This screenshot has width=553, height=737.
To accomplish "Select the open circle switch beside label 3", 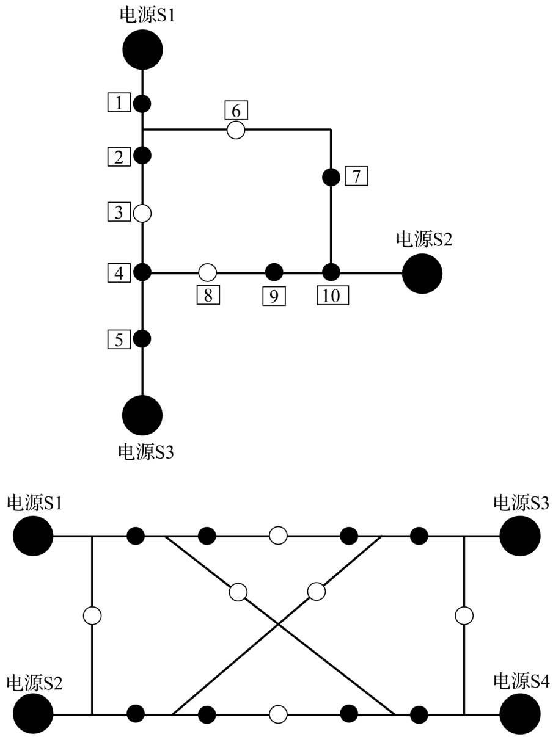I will tap(142, 213).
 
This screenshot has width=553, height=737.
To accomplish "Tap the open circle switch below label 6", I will tap(236, 129).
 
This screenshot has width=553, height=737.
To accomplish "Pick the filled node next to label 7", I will tap(331, 177).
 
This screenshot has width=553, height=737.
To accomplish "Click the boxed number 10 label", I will tap(332, 296).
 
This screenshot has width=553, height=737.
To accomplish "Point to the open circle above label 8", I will tap(208, 272).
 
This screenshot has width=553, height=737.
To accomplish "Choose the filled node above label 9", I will tap(274, 272).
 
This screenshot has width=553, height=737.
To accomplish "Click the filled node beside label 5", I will tap(142, 338).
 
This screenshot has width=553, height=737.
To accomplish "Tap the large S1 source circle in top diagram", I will tap(142, 50).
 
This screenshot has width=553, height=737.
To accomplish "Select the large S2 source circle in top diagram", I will tap(422, 274).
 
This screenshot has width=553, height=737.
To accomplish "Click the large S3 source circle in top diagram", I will tap(142, 415).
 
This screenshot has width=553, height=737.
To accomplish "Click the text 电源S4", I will tap(521, 681).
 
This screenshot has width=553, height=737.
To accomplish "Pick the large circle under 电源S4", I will tap(520, 713).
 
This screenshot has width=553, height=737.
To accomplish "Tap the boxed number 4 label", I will tap(119, 273).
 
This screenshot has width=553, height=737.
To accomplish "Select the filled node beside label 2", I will tap(142, 155).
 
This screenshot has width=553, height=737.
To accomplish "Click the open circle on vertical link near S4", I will tap(464, 615).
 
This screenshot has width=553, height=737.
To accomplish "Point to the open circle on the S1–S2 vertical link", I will tap(92, 615).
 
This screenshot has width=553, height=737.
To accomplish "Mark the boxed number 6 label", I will tap(236, 110).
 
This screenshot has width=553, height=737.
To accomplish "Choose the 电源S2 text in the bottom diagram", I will tap(34, 681).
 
